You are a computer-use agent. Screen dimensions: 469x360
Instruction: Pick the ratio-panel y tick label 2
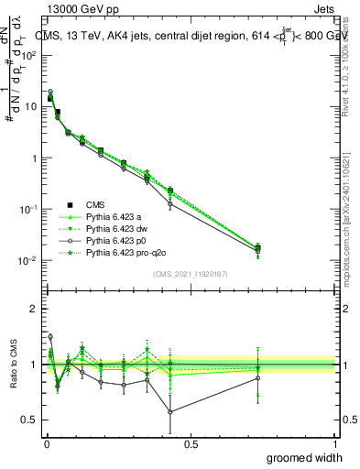[35, 309]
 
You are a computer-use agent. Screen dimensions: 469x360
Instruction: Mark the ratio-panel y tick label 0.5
[31, 421]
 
